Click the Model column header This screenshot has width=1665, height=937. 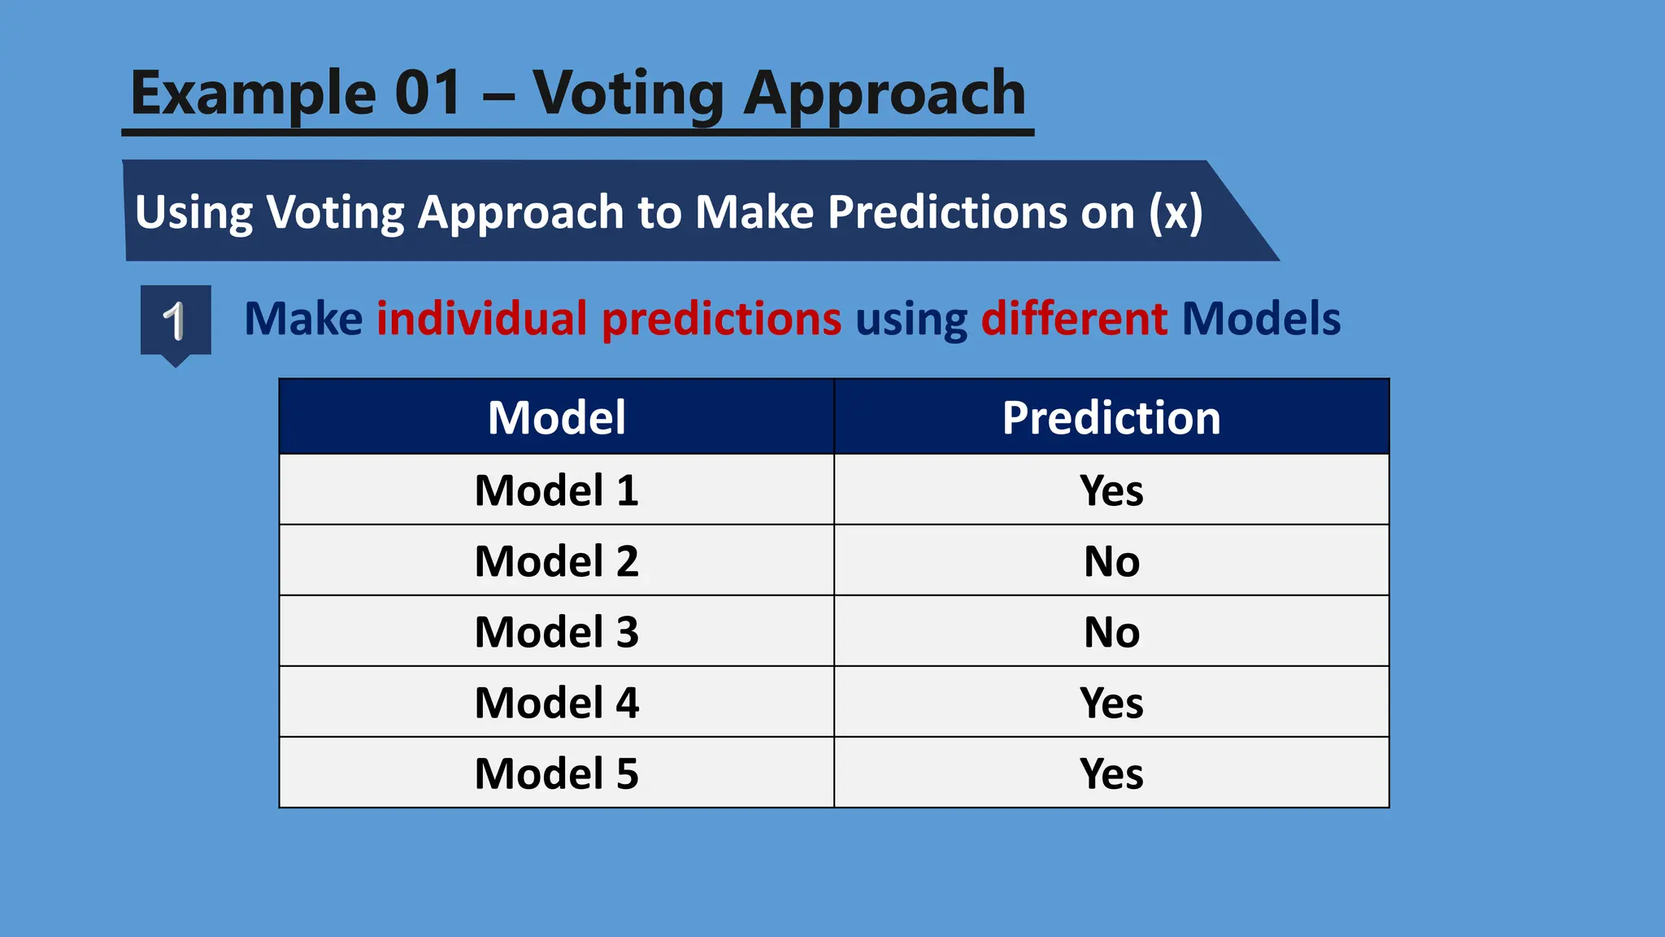click(x=557, y=417)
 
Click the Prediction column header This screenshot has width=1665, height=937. click(x=1111, y=417)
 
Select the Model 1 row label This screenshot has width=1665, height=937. click(x=557, y=490)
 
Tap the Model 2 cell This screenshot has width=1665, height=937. click(x=557, y=561)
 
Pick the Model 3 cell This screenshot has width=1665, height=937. click(x=557, y=632)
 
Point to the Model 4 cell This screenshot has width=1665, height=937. click(x=557, y=703)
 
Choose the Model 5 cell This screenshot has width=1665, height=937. click(x=557, y=774)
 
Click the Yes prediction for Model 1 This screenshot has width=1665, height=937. click(x=1111, y=490)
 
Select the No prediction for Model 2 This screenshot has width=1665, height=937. click(x=1111, y=561)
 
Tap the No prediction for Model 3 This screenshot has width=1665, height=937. click(x=1111, y=632)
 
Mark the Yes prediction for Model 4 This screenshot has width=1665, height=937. click(x=1111, y=703)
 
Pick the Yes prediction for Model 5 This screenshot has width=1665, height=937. click(x=1111, y=774)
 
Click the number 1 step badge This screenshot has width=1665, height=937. click(x=176, y=320)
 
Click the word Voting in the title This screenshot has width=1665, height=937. click(x=628, y=94)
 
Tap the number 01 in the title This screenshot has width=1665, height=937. click(x=428, y=93)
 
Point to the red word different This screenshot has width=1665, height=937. click(x=1074, y=318)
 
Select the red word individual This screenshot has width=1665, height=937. click(x=481, y=318)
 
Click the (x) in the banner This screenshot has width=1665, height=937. click(x=1176, y=212)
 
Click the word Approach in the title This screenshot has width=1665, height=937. click(x=885, y=94)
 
